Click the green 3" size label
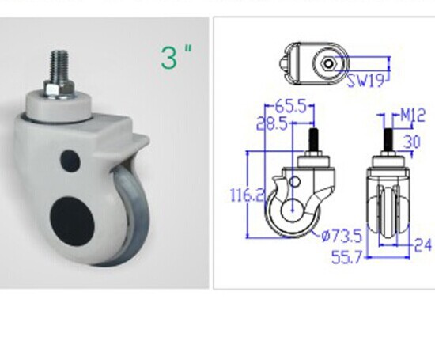(176, 57)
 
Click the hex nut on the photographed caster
(59, 89)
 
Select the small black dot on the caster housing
(70, 161)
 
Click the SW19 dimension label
(366, 81)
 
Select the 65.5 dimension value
(291, 106)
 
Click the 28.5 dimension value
(272, 124)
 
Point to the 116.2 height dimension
(248, 195)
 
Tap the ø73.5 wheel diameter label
(342, 237)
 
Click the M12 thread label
(413, 115)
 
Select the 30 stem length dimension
(412, 142)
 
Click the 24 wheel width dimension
(423, 245)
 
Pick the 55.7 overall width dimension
(347, 257)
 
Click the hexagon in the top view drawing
(329, 63)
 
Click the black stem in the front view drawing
(388, 139)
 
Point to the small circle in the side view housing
(294, 182)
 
